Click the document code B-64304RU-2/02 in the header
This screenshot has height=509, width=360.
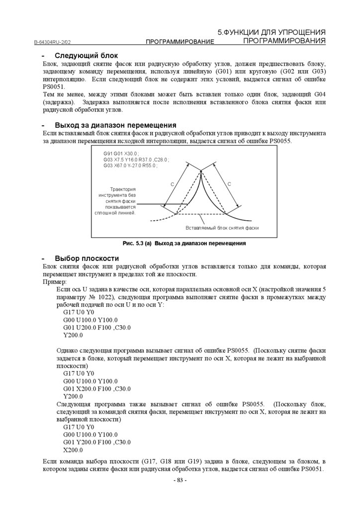point(55,44)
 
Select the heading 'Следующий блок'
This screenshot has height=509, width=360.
point(86,56)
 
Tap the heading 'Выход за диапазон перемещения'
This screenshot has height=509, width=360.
point(115,125)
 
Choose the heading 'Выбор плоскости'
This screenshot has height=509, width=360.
point(87,258)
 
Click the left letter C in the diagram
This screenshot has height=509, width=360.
point(172,184)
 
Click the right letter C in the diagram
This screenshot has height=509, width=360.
point(229,184)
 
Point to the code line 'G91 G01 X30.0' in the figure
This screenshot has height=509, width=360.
point(121,154)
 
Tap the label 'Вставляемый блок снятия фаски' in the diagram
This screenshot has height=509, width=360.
point(222,228)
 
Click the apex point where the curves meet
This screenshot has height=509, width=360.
point(201,171)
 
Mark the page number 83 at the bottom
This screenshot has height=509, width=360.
point(180,480)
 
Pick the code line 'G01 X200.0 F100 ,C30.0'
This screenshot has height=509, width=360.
point(97,388)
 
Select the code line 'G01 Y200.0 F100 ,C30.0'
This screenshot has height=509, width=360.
point(97,442)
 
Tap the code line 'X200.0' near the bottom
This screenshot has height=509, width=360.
point(73,450)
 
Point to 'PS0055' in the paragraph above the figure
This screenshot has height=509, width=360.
point(280,141)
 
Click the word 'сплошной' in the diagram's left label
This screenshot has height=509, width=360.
point(105,213)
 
